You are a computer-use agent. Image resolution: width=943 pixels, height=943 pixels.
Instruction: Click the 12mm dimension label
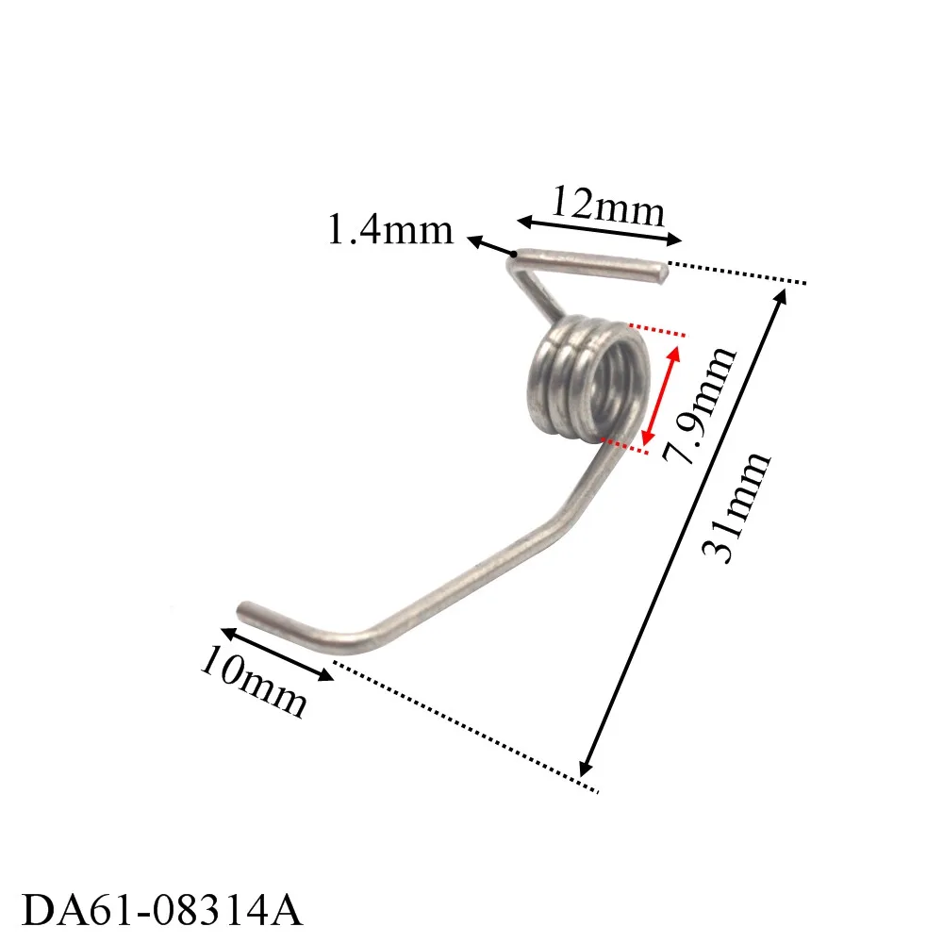pyautogui.click(x=608, y=206)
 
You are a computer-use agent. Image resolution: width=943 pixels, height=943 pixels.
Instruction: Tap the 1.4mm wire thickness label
pyautogui.click(x=389, y=229)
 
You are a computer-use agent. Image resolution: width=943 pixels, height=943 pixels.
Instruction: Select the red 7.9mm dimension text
pyautogui.click(x=699, y=405)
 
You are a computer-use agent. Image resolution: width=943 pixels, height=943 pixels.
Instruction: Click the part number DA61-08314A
pyautogui.click(x=161, y=911)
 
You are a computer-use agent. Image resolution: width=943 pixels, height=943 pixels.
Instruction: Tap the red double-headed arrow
pyautogui.click(x=661, y=396)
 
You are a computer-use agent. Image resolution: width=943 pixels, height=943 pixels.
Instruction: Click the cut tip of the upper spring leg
pyautogui.click(x=662, y=273)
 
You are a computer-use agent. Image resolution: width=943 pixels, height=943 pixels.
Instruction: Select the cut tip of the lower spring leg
pyautogui.click(x=245, y=607)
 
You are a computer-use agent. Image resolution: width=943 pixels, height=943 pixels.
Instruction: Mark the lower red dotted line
pyautogui.click(x=624, y=447)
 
